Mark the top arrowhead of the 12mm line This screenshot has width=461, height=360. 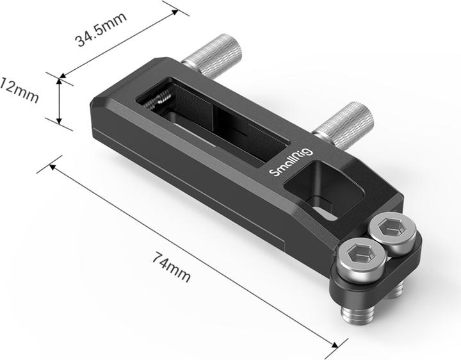coord(59,80)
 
